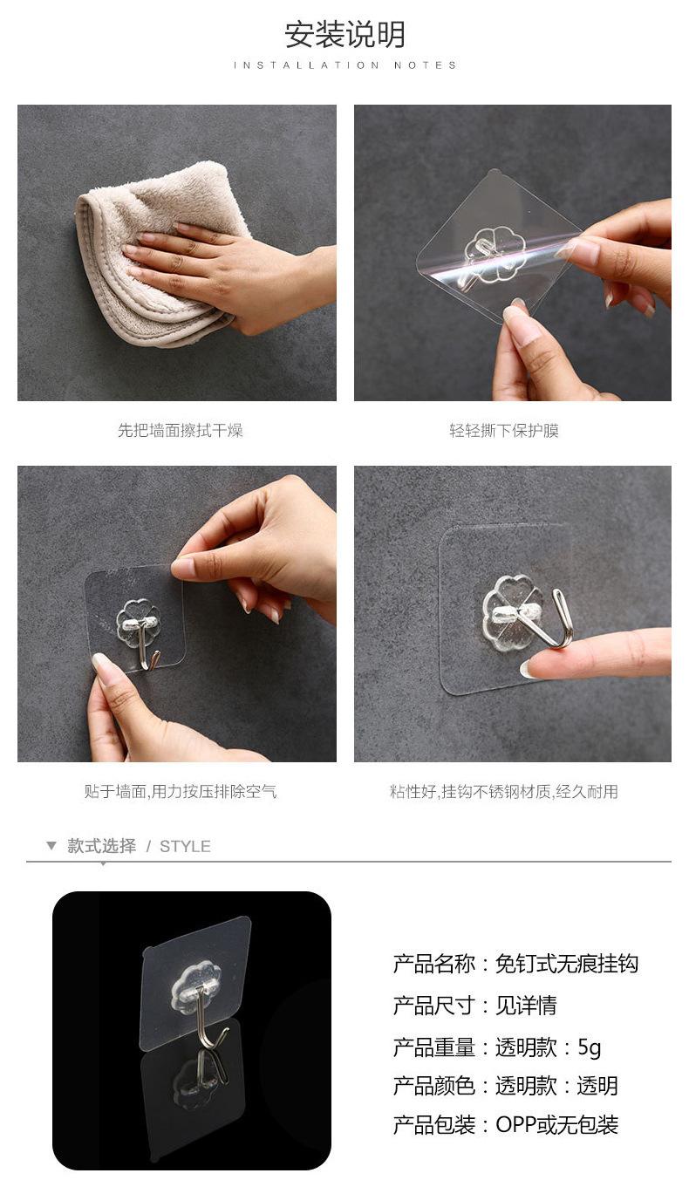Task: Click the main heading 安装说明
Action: click(x=344, y=35)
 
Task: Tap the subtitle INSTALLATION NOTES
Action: click(x=345, y=65)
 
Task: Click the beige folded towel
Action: click(x=158, y=253)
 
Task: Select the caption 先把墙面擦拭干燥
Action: click(x=181, y=430)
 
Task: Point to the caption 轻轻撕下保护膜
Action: click(x=504, y=430)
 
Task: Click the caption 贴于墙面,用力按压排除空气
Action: click(x=181, y=791)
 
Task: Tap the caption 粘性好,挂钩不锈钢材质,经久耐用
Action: click(x=504, y=791)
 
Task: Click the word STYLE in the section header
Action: click(x=185, y=847)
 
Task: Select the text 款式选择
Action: click(x=102, y=846)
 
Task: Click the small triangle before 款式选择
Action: click(x=51, y=846)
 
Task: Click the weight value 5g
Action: click(x=590, y=1047)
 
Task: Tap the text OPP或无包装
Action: click(x=556, y=1125)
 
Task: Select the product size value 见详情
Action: click(x=526, y=1005)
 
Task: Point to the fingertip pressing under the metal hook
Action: click(x=532, y=666)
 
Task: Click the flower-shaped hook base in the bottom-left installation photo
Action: click(x=138, y=622)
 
